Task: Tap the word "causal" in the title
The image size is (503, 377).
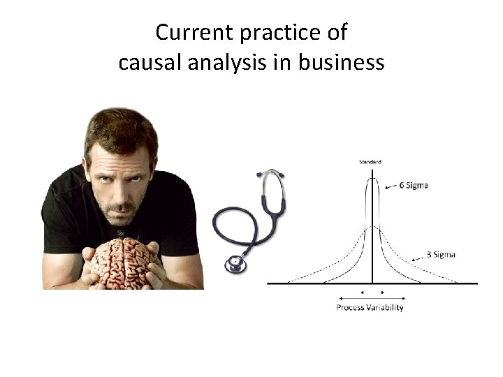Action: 144,63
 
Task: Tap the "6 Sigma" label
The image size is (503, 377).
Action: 414,186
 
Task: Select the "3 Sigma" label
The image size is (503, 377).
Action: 441,254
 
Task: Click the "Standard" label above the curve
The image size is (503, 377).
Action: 370,162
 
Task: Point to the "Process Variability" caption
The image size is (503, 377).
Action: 370,307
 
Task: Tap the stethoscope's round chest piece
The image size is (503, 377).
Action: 234,264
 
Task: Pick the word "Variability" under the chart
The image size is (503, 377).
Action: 385,307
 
